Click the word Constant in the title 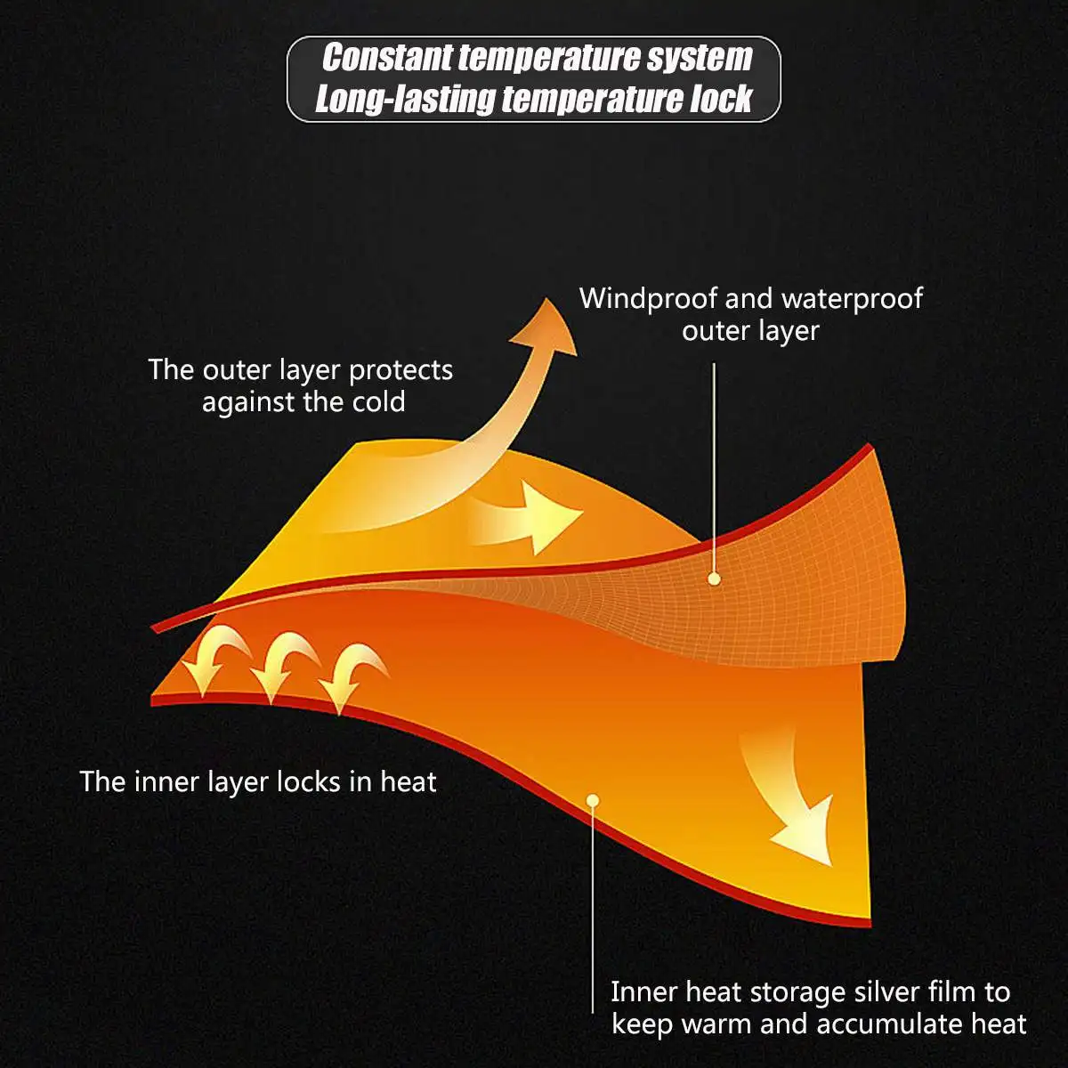(386, 58)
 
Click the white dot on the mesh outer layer (714, 578)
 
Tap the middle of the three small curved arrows (280, 667)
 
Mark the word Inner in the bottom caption (640, 991)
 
